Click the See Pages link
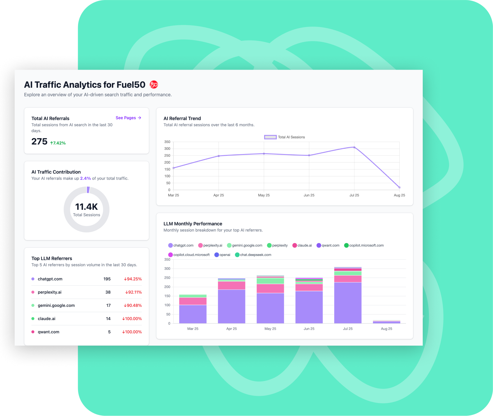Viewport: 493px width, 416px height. click(128, 118)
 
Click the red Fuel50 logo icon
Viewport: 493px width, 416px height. click(154, 84)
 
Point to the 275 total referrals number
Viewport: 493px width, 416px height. click(39, 142)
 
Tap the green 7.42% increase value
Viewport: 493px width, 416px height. click(58, 143)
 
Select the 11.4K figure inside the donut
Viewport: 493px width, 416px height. click(87, 207)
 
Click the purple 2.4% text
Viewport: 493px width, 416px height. click(85, 178)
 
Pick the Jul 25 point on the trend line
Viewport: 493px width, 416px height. click(354, 147)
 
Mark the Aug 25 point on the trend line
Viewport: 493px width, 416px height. click(399, 188)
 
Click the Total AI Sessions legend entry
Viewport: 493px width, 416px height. click(285, 137)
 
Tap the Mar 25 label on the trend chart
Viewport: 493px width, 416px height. click(173, 195)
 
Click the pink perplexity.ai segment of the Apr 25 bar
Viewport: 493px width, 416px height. click(232, 285)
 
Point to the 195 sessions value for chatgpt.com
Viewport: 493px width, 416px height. click(107, 279)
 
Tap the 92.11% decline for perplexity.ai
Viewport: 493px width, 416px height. click(133, 292)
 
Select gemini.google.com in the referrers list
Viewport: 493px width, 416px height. click(56, 305)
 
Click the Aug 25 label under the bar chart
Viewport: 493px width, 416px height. click(386, 329)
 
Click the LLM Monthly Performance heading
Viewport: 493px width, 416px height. click(193, 224)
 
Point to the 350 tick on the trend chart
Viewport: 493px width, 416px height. click(167, 142)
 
